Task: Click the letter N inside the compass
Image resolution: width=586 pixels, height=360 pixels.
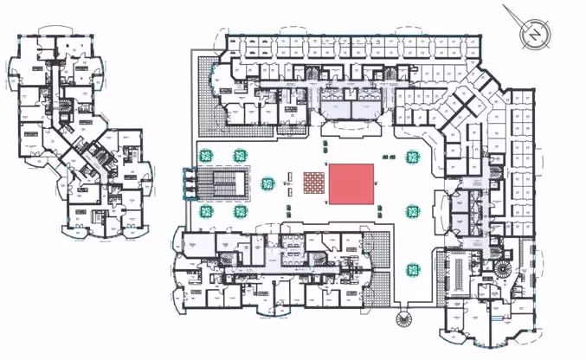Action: (536, 34)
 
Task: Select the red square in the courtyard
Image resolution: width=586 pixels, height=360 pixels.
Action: (351, 183)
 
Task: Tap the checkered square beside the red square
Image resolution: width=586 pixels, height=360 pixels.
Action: (313, 183)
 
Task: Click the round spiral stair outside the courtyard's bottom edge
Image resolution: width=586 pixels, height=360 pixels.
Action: (402, 320)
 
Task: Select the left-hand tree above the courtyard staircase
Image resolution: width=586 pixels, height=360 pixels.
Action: (206, 156)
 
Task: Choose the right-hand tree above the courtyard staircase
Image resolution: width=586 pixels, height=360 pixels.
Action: (240, 156)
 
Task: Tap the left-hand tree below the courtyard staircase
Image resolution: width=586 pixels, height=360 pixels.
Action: (206, 210)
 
